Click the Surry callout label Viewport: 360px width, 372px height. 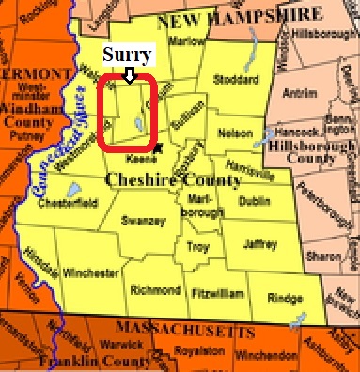pyautogui.click(x=126, y=54)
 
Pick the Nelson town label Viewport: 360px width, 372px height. pyautogui.click(x=236, y=133)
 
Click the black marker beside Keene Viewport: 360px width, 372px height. pyautogui.click(x=159, y=146)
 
